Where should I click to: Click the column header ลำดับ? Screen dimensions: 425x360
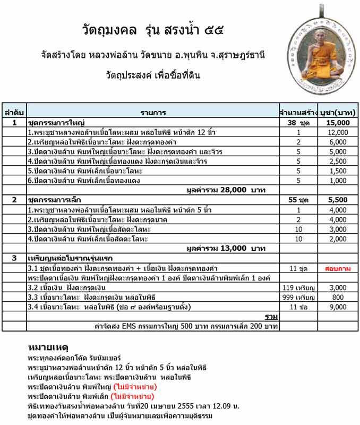pyautogui.click(x=14, y=113)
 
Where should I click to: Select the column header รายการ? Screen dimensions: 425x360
pyautogui.click(x=153, y=113)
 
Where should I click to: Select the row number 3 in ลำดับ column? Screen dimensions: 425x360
pyautogui.click(x=14, y=258)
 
